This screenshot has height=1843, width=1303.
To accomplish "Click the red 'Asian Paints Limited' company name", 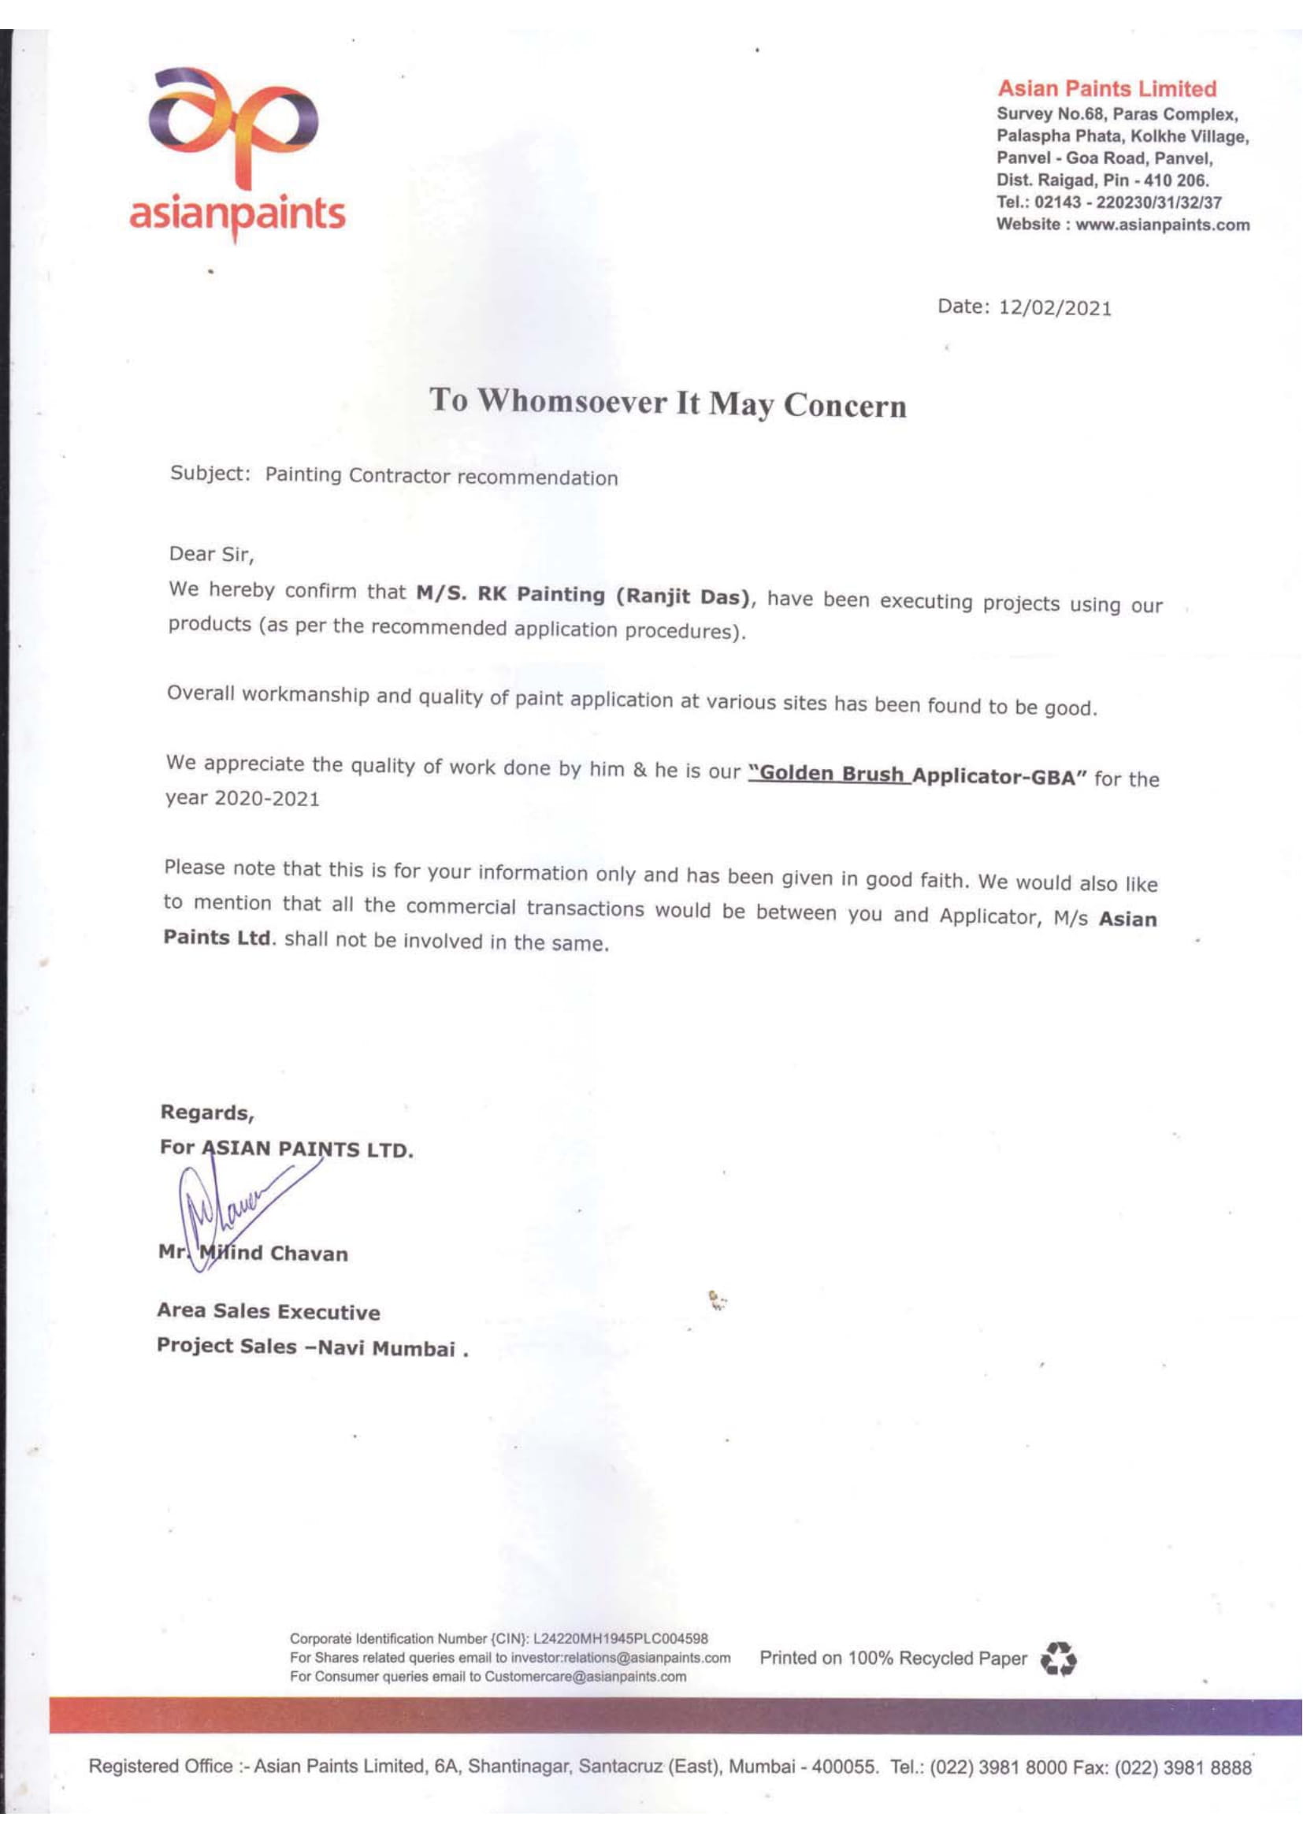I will pyautogui.click(x=1106, y=89).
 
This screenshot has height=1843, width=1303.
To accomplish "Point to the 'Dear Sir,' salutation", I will pyautogui.click(x=211, y=554).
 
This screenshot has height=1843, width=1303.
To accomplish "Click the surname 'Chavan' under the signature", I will pyautogui.click(x=309, y=1254).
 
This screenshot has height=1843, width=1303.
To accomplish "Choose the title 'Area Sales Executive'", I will pyautogui.click(x=268, y=1312).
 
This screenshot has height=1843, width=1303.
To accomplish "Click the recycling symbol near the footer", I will pyautogui.click(x=1057, y=1659).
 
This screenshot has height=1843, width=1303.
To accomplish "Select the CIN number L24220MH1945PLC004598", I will pyautogui.click(x=620, y=1638).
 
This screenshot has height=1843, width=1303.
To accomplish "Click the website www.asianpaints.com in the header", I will pyautogui.click(x=1163, y=225).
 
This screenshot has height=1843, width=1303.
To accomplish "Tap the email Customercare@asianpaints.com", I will pyautogui.click(x=585, y=1676).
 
